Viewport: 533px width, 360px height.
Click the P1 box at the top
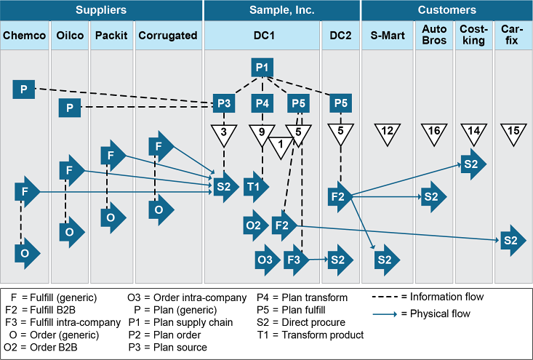(x=263, y=68)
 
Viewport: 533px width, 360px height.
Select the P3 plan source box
(x=224, y=103)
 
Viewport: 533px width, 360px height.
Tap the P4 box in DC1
(x=263, y=103)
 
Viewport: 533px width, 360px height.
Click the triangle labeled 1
(x=281, y=145)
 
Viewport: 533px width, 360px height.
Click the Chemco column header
(x=24, y=35)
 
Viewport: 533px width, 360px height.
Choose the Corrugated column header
(x=167, y=35)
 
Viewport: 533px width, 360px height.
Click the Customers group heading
(x=446, y=10)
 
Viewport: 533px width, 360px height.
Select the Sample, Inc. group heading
(x=282, y=10)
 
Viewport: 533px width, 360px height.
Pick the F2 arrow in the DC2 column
(x=340, y=196)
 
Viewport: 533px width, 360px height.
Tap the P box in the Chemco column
(x=24, y=89)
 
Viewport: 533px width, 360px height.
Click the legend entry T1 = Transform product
(x=310, y=335)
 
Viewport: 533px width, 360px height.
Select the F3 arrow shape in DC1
(x=295, y=259)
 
